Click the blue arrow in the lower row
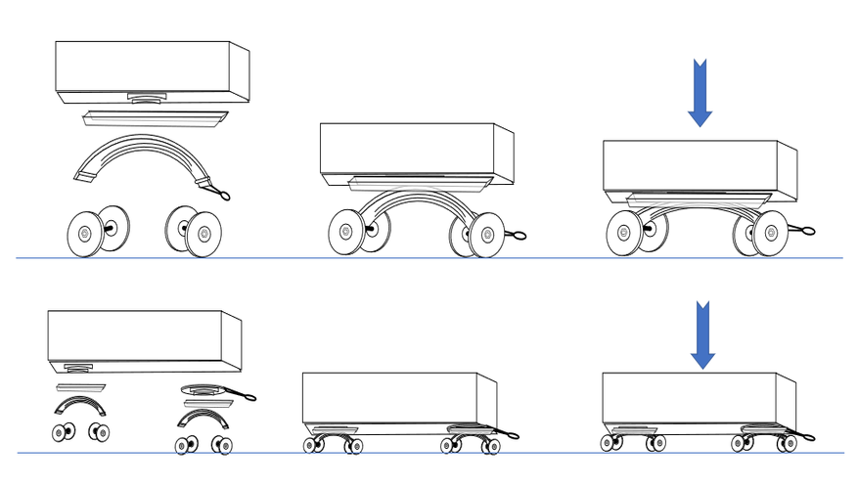tap(701, 335)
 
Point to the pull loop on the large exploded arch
tap(222, 195)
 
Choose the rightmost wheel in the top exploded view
tap(203, 235)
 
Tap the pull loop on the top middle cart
tap(516, 235)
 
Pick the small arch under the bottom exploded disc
tap(203, 419)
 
